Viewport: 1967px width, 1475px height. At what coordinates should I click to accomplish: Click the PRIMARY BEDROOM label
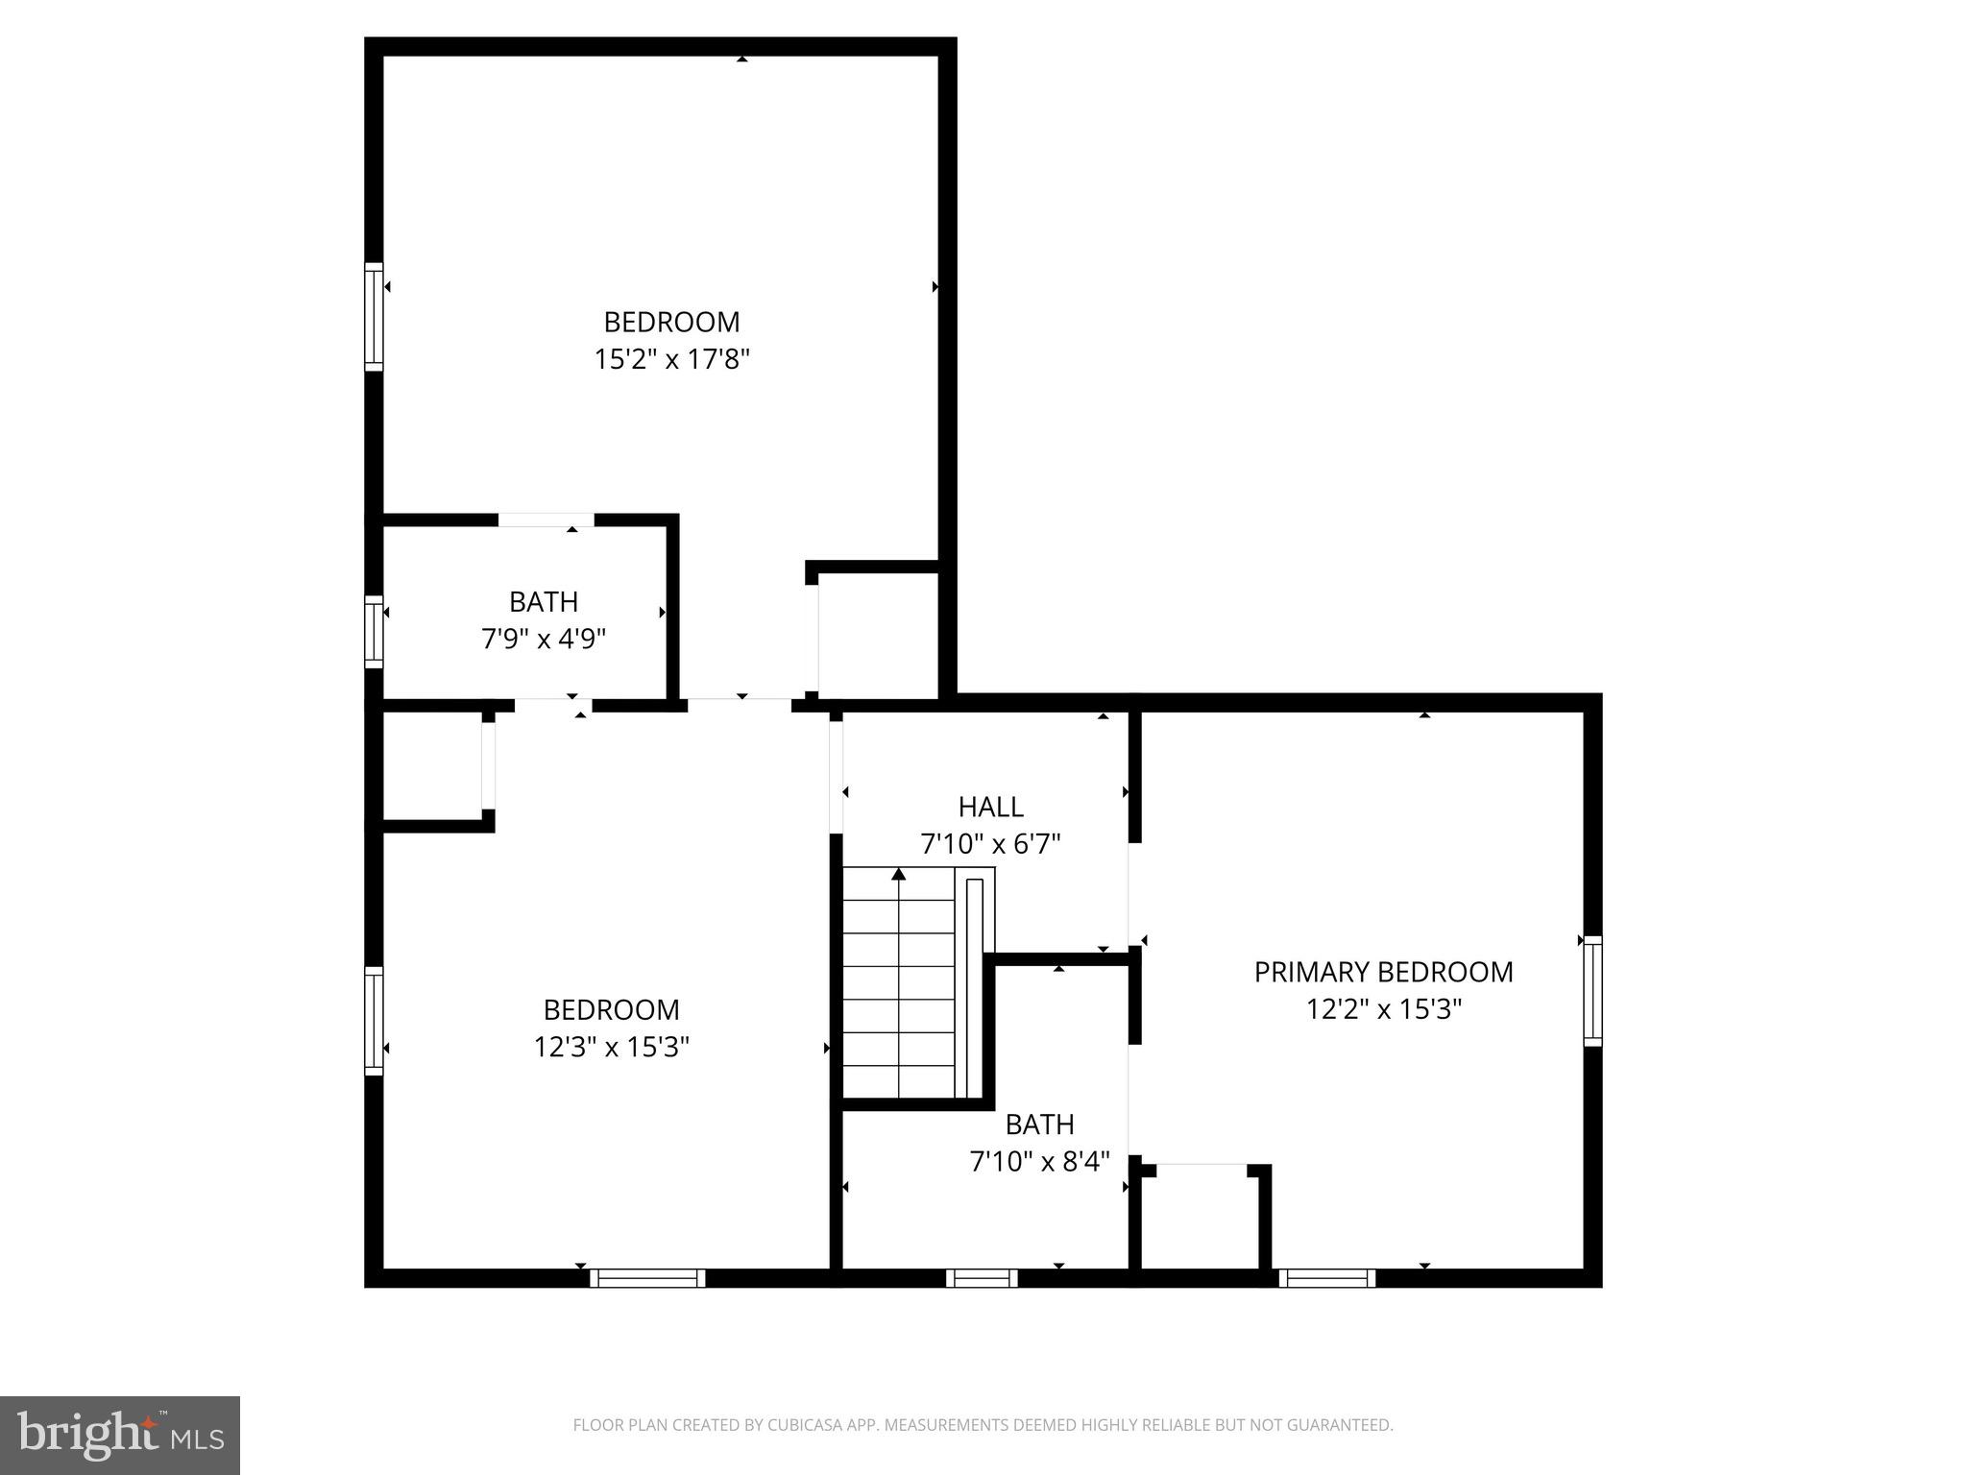1383,972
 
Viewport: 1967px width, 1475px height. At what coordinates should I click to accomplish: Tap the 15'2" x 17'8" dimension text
671,359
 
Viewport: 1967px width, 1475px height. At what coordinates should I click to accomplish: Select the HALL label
990,807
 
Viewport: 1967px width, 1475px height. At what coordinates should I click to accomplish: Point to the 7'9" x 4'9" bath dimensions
544,639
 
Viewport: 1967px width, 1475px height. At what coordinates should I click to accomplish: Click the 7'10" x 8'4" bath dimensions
1040,1162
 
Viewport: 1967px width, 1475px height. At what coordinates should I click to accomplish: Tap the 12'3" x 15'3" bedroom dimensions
612,1047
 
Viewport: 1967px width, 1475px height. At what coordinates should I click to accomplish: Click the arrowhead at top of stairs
899,874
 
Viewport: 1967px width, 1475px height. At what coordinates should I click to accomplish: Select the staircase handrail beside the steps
975,985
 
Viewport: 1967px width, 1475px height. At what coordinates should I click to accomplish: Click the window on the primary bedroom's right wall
1592,991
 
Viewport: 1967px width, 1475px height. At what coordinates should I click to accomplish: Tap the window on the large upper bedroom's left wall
374,316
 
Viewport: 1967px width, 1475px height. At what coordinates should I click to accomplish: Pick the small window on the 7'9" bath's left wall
374,631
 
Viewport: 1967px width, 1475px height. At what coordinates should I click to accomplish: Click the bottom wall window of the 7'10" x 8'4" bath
982,1278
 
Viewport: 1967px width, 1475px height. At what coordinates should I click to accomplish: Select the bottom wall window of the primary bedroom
1327,1278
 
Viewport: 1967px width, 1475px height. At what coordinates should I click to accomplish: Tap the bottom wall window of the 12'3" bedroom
647,1278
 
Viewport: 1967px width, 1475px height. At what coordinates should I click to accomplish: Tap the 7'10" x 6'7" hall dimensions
990,844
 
